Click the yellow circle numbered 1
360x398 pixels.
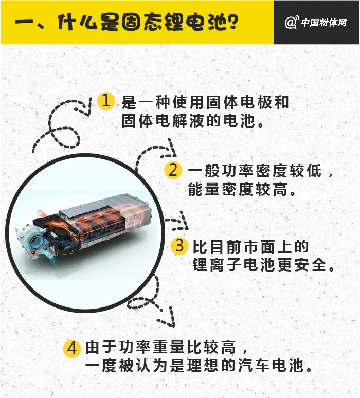[x=106, y=101]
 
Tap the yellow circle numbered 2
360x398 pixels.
[x=173, y=170]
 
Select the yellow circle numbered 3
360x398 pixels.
[x=179, y=245]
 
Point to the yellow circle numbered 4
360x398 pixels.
[x=72, y=349]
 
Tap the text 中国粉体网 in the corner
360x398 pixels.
[x=324, y=23]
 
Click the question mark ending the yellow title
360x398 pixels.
[x=231, y=22]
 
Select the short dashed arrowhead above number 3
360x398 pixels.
[x=182, y=220]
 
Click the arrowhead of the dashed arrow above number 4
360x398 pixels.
[x=167, y=317]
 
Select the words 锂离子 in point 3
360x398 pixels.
[x=218, y=265]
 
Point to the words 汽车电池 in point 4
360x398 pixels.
[x=271, y=366]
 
